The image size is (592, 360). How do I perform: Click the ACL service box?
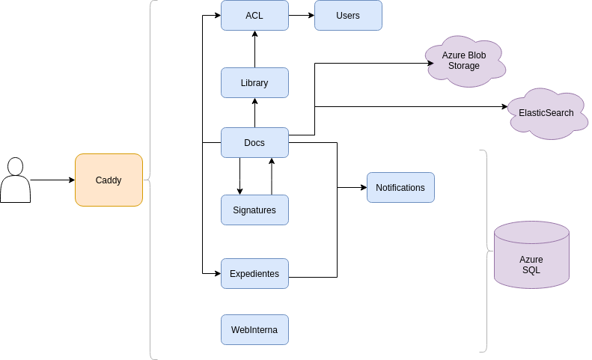pos(254,15)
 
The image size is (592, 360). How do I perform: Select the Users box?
pos(348,15)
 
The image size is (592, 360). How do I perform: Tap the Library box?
pos(254,83)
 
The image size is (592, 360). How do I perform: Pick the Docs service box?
pos(254,143)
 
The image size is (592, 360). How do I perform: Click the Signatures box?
pos(254,210)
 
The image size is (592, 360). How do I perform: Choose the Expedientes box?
pos(254,274)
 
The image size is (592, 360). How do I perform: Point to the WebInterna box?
pos(254,330)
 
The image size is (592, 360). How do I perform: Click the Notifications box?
pos(400,188)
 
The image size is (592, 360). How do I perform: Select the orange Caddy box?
pos(109,180)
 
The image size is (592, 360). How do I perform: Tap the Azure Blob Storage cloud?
pos(464,61)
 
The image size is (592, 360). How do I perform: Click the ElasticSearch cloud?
pos(546,113)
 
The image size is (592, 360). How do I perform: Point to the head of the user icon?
pos(15,165)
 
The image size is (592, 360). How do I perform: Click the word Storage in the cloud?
pos(464,66)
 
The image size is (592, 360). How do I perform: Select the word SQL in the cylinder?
pos(531,270)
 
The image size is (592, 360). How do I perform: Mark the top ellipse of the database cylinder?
pos(531,232)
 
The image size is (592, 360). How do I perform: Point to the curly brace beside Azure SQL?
pos(486,250)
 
